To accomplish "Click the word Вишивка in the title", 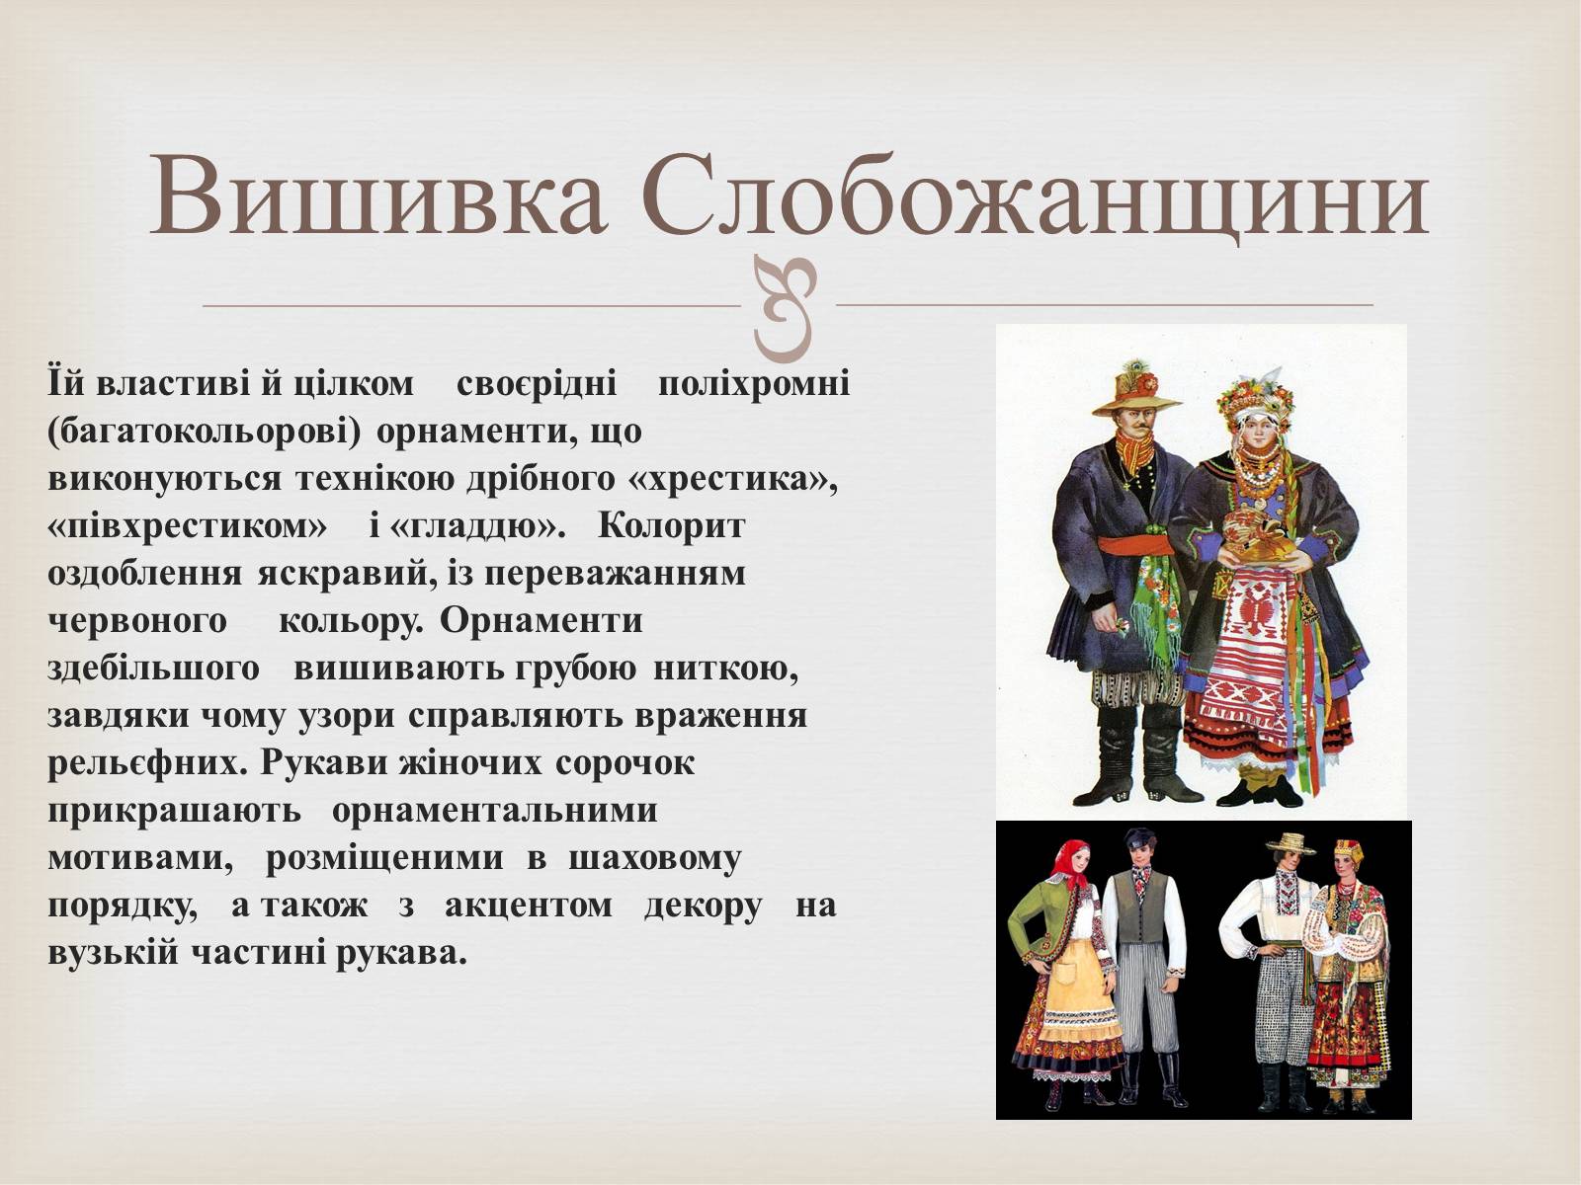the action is point(377,196).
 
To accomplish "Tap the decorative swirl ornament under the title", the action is point(786,308).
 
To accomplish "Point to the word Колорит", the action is point(671,525).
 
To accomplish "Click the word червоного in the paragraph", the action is point(136,620).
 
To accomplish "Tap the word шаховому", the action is point(655,859).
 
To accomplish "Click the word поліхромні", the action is point(754,384).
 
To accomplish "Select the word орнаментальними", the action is point(494,811).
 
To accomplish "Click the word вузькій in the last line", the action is point(113,954).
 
